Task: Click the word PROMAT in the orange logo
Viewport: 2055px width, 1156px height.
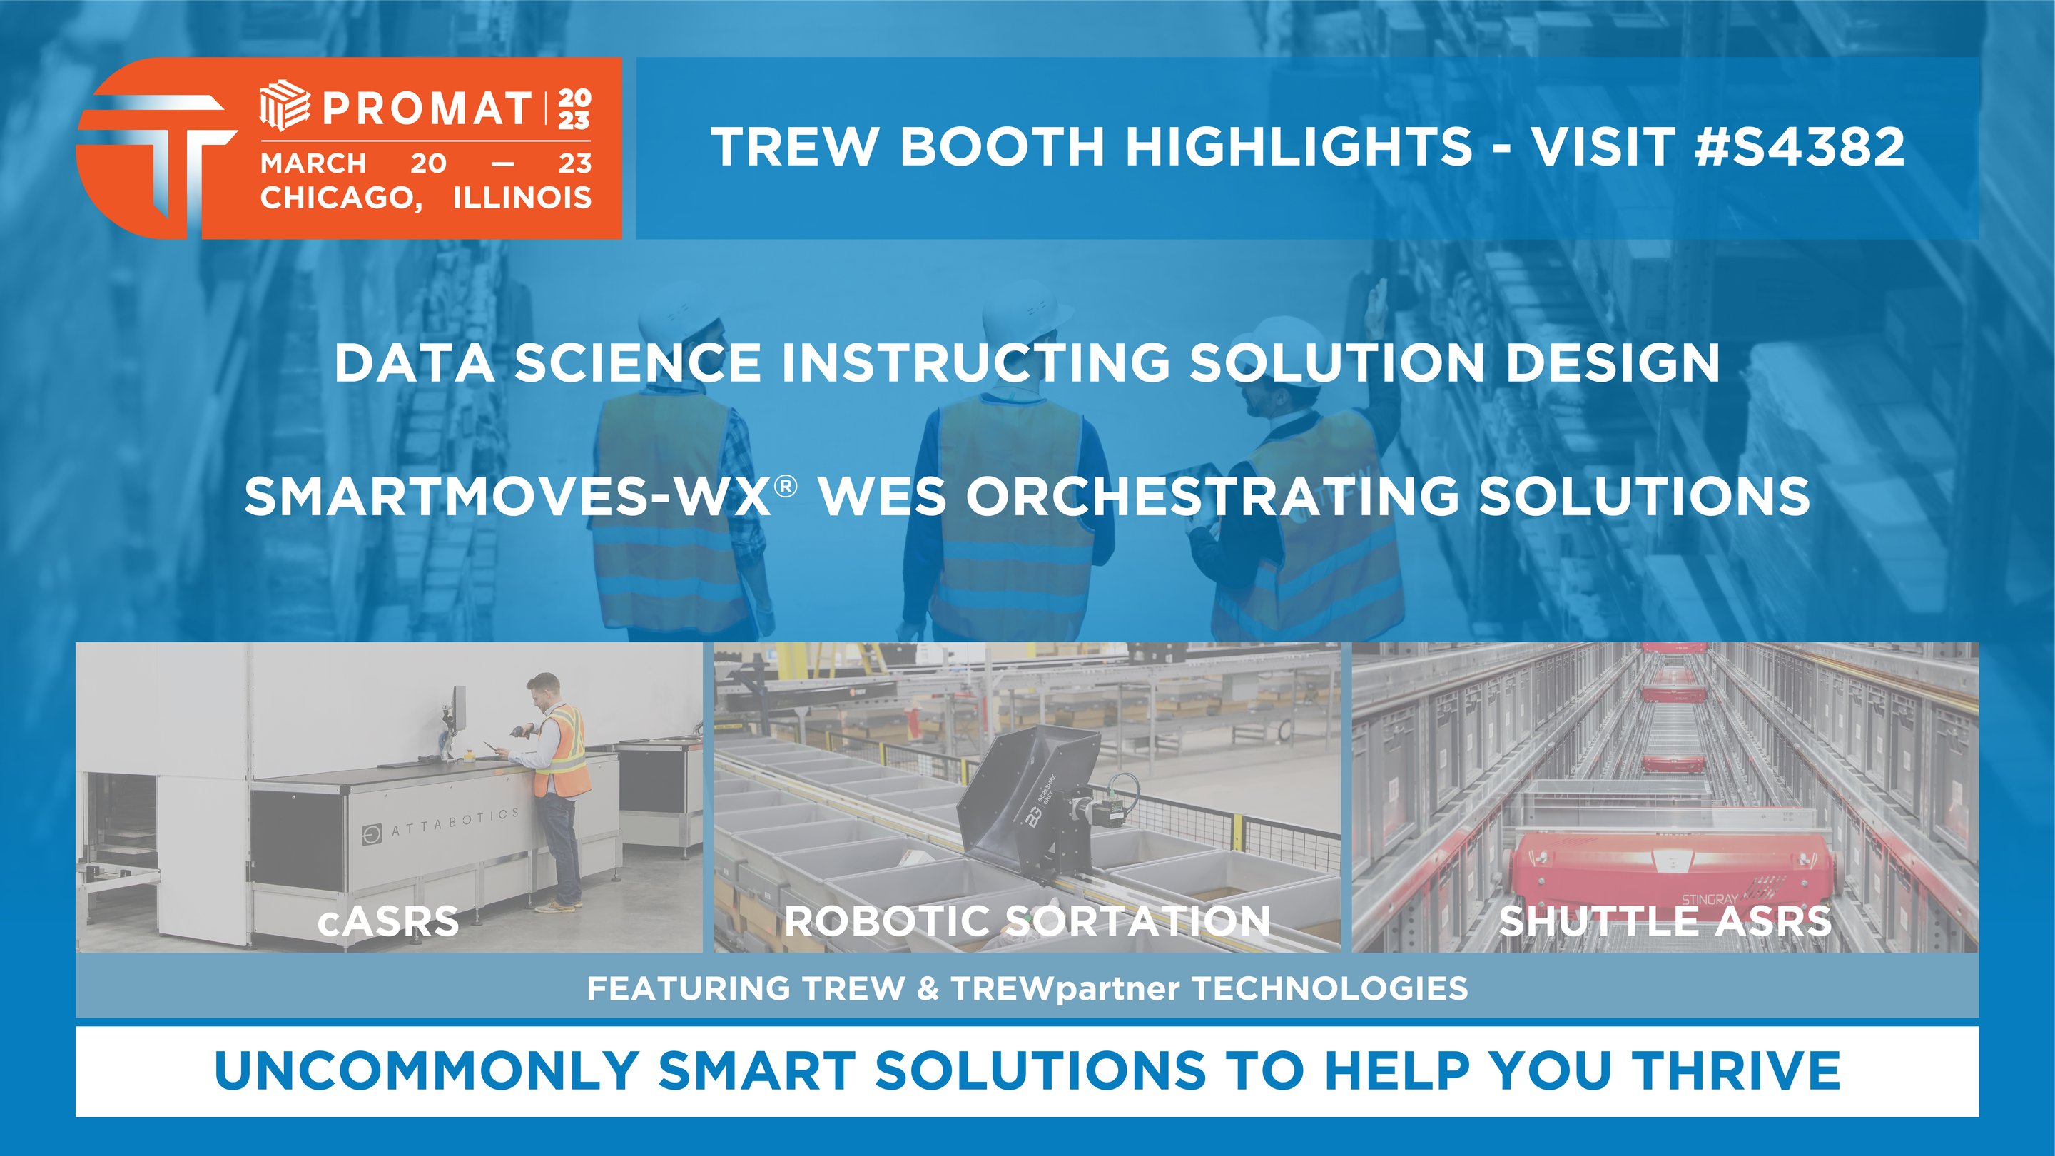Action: click(427, 108)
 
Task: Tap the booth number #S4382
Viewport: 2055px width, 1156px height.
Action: click(1800, 147)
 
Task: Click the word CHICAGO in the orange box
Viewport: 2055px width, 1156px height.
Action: click(338, 197)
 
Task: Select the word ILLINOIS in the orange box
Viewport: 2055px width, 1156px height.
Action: click(522, 197)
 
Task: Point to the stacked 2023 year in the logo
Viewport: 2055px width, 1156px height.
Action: click(574, 108)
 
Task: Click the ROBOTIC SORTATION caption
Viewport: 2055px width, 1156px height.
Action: click(1027, 921)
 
